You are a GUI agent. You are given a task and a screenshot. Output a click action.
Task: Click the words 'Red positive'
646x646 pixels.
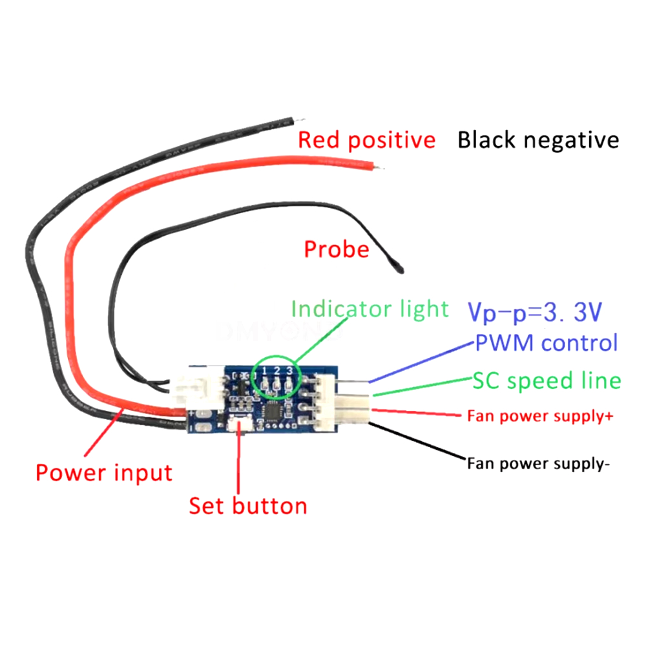tap(366, 140)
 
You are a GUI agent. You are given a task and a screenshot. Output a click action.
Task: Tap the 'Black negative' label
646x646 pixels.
tap(538, 140)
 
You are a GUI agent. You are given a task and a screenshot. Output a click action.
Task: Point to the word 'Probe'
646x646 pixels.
tap(337, 249)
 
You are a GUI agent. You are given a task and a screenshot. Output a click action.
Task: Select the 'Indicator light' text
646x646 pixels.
tap(370, 309)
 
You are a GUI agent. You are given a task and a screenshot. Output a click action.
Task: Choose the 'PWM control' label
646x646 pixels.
tap(547, 342)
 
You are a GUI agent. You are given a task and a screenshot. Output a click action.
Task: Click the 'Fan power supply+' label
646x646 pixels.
tap(539, 416)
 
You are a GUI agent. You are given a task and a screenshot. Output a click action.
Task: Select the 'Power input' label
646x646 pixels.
tap(104, 473)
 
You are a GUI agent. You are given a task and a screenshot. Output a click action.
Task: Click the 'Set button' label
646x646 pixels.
tap(248, 505)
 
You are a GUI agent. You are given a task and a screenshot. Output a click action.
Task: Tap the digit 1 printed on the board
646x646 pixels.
tap(264, 370)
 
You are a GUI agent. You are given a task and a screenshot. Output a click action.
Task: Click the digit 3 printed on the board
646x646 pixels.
tap(289, 370)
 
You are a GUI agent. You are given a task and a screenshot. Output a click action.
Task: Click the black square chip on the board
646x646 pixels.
tap(275, 411)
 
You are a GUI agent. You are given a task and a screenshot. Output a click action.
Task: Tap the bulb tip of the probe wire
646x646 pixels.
tap(398, 263)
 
